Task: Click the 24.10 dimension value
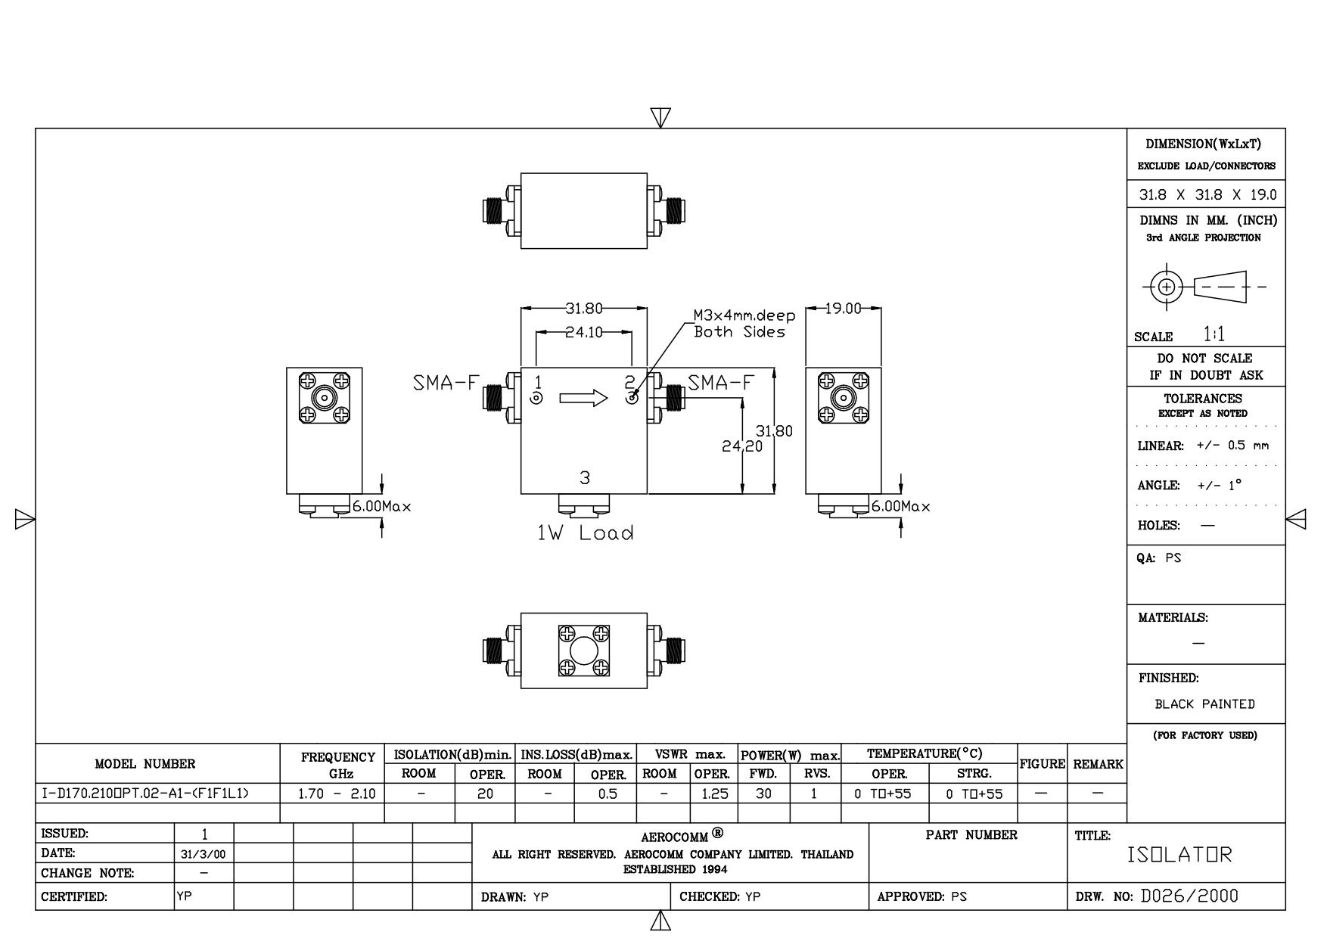pyautogui.click(x=584, y=332)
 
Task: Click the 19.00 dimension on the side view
pyautogui.click(x=842, y=309)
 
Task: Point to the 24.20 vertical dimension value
pyautogui.click(x=742, y=446)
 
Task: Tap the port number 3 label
pyautogui.click(x=584, y=478)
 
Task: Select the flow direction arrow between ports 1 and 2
pyautogui.click(x=583, y=398)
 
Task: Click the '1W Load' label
pyautogui.click(x=585, y=533)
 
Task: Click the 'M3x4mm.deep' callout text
pyautogui.click(x=744, y=315)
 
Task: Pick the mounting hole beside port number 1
pyautogui.click(x=536, y=399)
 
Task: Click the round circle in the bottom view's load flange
pyautogui.click(x=583, y=651)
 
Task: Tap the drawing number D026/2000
pyautogui.click(x=1189, y=896)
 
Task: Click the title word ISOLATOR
pyautogui.click(x=1179, y=855)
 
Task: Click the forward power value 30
pyautogui.click(x=763, y=794)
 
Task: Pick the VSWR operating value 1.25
pyautogui.click(x=714, y=794)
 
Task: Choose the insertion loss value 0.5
pyautogui.click(x=607, y=794)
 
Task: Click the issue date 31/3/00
pyautogui.click(x=204, y=854)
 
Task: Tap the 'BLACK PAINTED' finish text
pyautogui.click(x=1204, y=704)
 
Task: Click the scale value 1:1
pyautogui.click(x=1214, y=334)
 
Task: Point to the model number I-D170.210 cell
pyautogui.click(x=144, y=794)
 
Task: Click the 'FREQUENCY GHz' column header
pyautogui.click(x=337, y=765)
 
